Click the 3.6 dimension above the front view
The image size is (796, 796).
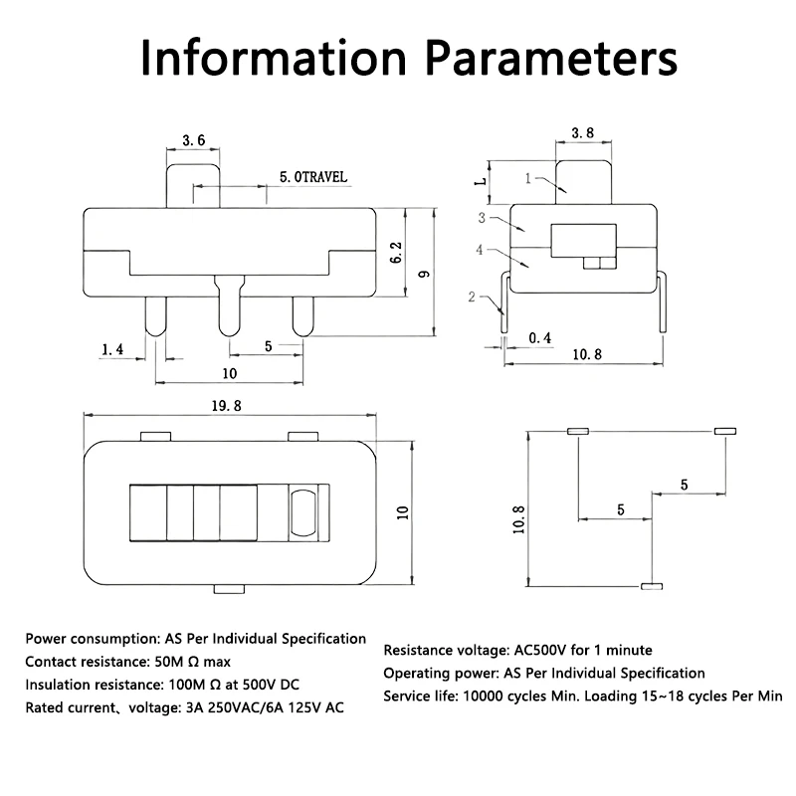click(x=194, y=140)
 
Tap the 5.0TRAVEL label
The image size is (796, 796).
click(x=313, y=177)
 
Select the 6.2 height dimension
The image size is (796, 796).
click(x=396, y=253)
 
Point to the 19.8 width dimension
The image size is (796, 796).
click(x=227, y=406)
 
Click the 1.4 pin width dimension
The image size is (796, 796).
click(x=112, y=349)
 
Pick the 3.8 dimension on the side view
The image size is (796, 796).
click(x=583, y=133)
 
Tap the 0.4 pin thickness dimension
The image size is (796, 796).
click(x=539, y=337)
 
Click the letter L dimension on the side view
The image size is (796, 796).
click(x=481, y=181)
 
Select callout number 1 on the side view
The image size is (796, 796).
click(x=528, y=178)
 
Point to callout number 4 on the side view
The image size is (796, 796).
click(x=480, y=250)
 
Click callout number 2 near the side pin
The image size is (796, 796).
click(x=472, y=297)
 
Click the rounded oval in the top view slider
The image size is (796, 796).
click(x=303, y=512)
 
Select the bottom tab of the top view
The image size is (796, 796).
click(x=229, y=589)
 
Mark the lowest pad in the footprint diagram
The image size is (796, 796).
click(x=652, y=586)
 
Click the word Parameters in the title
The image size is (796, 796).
click(x=551, y=58)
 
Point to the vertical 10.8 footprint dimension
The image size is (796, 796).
click(x=518, y=519)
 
